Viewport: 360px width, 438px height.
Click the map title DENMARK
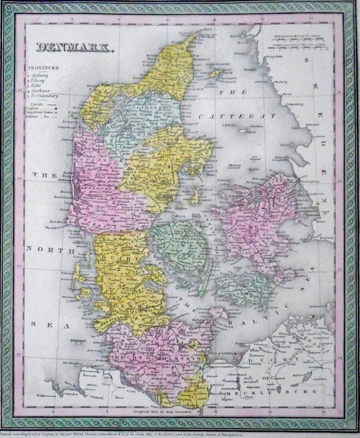[74, 48]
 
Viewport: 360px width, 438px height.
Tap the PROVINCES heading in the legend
[43, 68]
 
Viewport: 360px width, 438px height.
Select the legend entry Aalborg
[40, 76]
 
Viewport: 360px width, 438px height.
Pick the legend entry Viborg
[39, 81]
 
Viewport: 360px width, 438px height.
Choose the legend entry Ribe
[37, 86]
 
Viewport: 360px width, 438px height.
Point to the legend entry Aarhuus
[40, 91]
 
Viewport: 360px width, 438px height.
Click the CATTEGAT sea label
[237, 116]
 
